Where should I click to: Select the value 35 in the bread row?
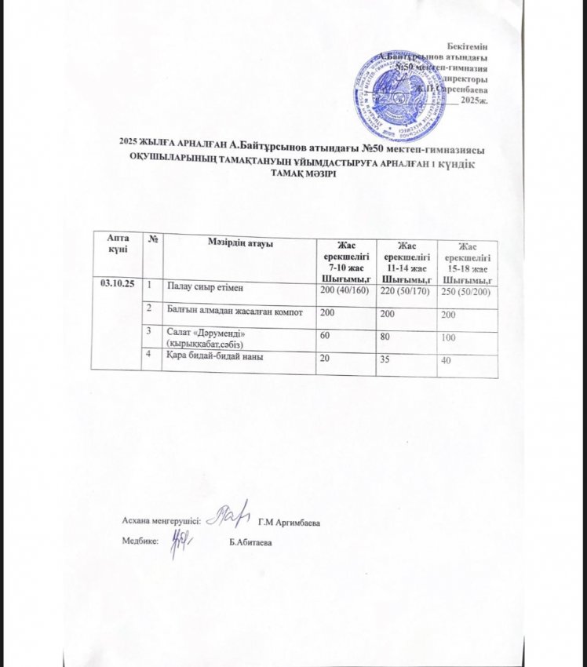pos(385,361)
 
